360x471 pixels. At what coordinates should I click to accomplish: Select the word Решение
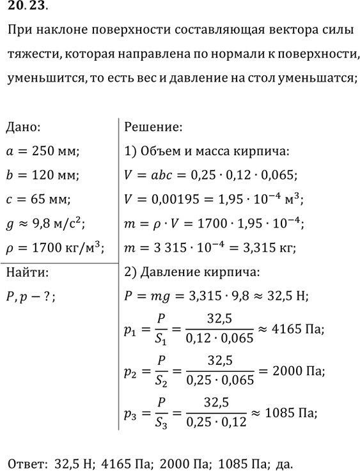153,127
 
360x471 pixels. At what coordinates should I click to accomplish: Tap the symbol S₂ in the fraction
159,382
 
